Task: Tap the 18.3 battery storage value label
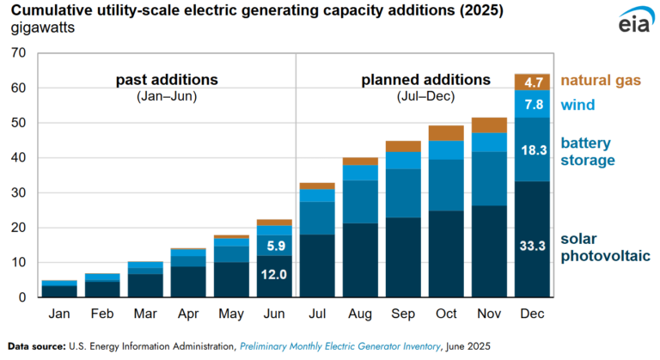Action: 532,149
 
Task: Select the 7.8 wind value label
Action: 532,105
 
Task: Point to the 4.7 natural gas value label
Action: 532,82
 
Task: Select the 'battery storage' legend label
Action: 589,151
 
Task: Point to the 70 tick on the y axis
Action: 19,53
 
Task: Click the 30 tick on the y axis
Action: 19,193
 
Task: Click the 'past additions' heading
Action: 167,80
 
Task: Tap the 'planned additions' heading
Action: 425,80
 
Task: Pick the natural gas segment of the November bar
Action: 489,125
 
